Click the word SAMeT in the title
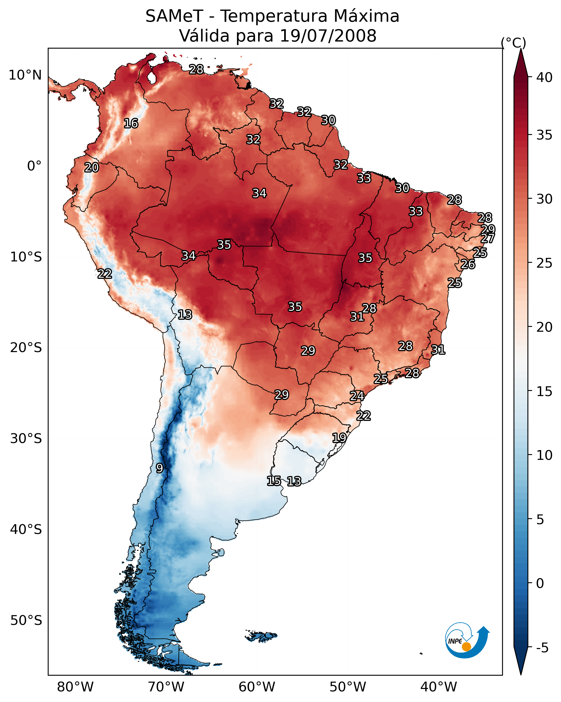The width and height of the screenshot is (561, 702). click(174, 16)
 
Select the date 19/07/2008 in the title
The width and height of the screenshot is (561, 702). click(328, 36)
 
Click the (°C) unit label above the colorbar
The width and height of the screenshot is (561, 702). click(514, 43)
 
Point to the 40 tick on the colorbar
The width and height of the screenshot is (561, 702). click(544, 77)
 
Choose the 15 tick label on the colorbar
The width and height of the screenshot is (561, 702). click(544, 391)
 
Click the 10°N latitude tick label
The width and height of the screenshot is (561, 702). click(25, 75)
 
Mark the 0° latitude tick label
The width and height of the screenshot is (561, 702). click(34, 166)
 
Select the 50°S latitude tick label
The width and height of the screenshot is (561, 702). click(26, 621)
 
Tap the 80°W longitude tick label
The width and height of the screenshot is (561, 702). click(75, 687)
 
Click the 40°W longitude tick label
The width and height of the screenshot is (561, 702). click(439, 687)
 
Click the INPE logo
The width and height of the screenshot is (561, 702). click(466, 642)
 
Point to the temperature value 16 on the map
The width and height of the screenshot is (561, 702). click(131, 124)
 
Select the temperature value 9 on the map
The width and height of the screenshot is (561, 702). click(159, 468)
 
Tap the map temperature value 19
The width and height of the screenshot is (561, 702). click(339, 438)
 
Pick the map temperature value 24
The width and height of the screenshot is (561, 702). click(357, 396)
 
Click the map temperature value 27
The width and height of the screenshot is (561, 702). click(487, 238)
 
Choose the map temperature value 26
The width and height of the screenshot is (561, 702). click(468, 264)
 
